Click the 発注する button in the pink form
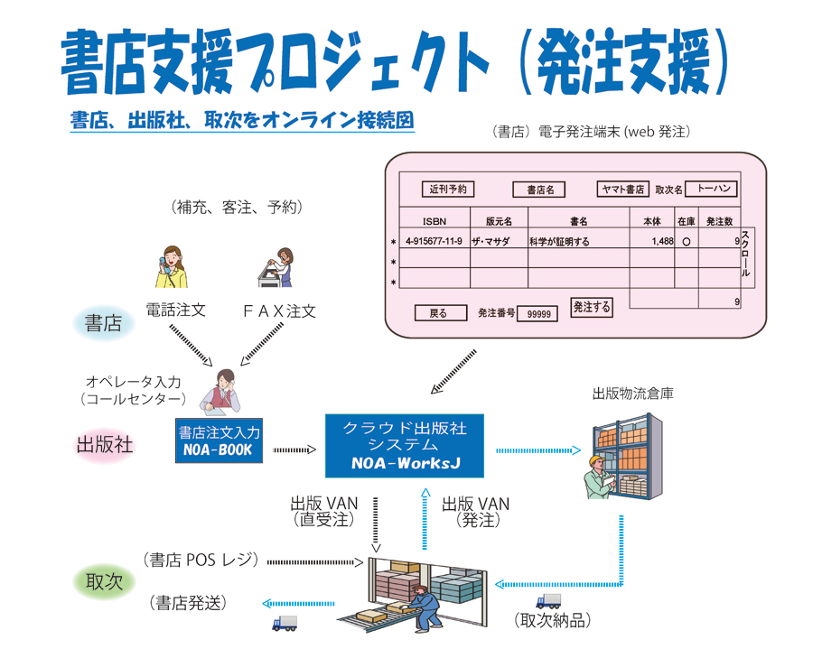pos(592,307)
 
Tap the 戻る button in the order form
pos(440,313)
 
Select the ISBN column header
pos(434,220)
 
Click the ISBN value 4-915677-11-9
pos(434,242)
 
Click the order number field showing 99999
pos(537,314)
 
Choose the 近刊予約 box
pos(448,190)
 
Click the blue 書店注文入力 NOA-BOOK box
pos(220,440)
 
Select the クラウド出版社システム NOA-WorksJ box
pos(405,445)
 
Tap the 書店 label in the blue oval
pos(103,323)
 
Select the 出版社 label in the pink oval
pos(105,445)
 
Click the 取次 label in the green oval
pos(104,581)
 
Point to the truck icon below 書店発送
pos(285,623)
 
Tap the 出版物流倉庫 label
pos(633,394)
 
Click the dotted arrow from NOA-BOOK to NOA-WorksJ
pos(294,449)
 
